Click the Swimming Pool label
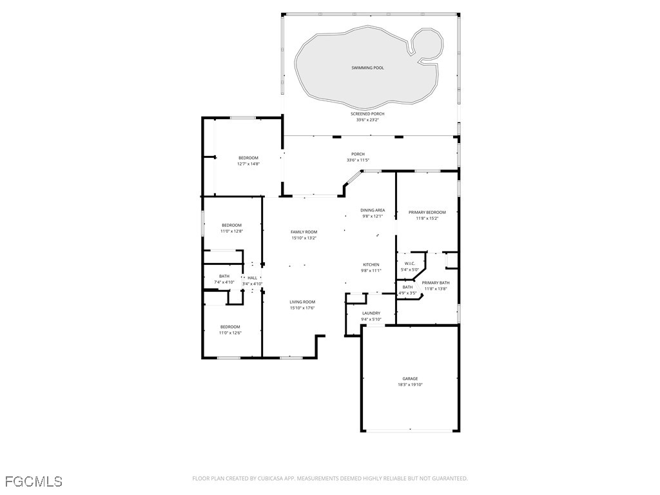(367, 68)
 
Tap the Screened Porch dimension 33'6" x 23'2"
(367, 119)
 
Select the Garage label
(410, 378)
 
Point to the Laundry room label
(371, 313)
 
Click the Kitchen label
(371, 265)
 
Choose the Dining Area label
(373, 210)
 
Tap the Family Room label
(304, 232)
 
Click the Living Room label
(302, 302)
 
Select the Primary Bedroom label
(427, 212)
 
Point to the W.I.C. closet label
(409, 264)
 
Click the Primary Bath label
(436, 283)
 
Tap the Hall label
(252, 278)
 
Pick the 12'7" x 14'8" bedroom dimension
(248, 164)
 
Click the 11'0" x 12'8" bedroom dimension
(231, 231)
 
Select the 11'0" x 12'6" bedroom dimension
(230, 333)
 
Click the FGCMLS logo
(34, 481)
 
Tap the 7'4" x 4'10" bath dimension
(224, 282)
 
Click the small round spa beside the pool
(427, 44)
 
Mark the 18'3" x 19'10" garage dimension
(410, 384)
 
